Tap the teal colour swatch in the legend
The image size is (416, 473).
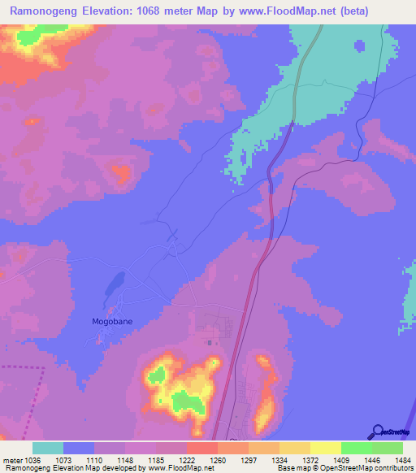tap(48, 448)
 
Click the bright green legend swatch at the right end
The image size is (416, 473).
tap(388, 448)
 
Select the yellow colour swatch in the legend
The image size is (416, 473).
tap(326, 448)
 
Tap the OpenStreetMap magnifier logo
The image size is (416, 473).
tap(377, 432)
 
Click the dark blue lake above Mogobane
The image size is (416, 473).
tap(114, 284)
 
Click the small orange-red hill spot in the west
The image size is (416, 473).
tap(121, 171)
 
